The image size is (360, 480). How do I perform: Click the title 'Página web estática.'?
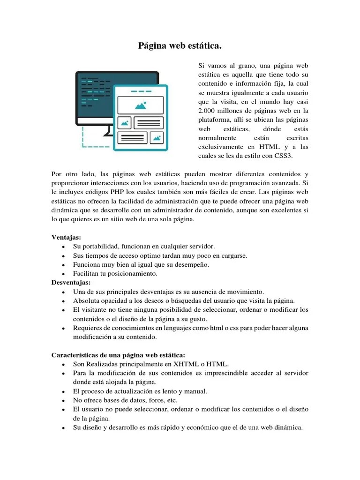coord(180,46)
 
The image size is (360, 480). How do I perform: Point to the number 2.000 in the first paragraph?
coord(208,111)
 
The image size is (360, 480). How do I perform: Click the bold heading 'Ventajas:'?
coord(66,238)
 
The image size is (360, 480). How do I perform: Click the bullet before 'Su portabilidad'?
coord(62,247)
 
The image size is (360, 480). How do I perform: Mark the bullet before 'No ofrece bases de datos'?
coord(62,400)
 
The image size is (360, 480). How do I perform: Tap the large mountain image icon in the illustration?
coord(141,105)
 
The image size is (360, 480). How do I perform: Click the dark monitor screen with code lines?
coord(94,94)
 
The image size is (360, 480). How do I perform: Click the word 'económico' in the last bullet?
coord(211,427)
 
